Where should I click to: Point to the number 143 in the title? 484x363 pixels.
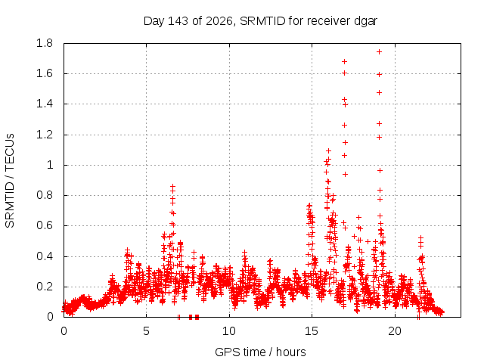pos(178,21)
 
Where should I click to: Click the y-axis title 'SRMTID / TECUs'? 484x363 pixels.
pos(10,181)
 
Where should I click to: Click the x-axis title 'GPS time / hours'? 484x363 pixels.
pos(260,352)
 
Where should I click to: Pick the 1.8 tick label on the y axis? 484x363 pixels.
pos(45,43)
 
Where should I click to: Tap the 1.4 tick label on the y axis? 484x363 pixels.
pos(45,104)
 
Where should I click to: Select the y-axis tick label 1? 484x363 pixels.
pos(50,165)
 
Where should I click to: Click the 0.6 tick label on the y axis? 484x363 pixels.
pos(45,225)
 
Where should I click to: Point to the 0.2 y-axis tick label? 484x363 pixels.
pos(45,287)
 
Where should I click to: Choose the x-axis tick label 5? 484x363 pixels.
pos(146,331)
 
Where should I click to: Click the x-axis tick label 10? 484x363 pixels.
pos(229,331)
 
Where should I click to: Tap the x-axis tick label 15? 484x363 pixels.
pos(312,331)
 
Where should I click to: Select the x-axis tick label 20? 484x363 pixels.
pos(395,331)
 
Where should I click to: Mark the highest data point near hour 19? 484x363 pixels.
pos(380,52)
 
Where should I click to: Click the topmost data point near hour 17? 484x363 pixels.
pos(345,62)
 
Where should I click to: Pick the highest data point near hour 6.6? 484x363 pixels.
pos(173,186)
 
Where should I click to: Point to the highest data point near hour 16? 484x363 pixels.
pos(328,150)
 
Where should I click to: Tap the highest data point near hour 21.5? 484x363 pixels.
pos(420,237)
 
